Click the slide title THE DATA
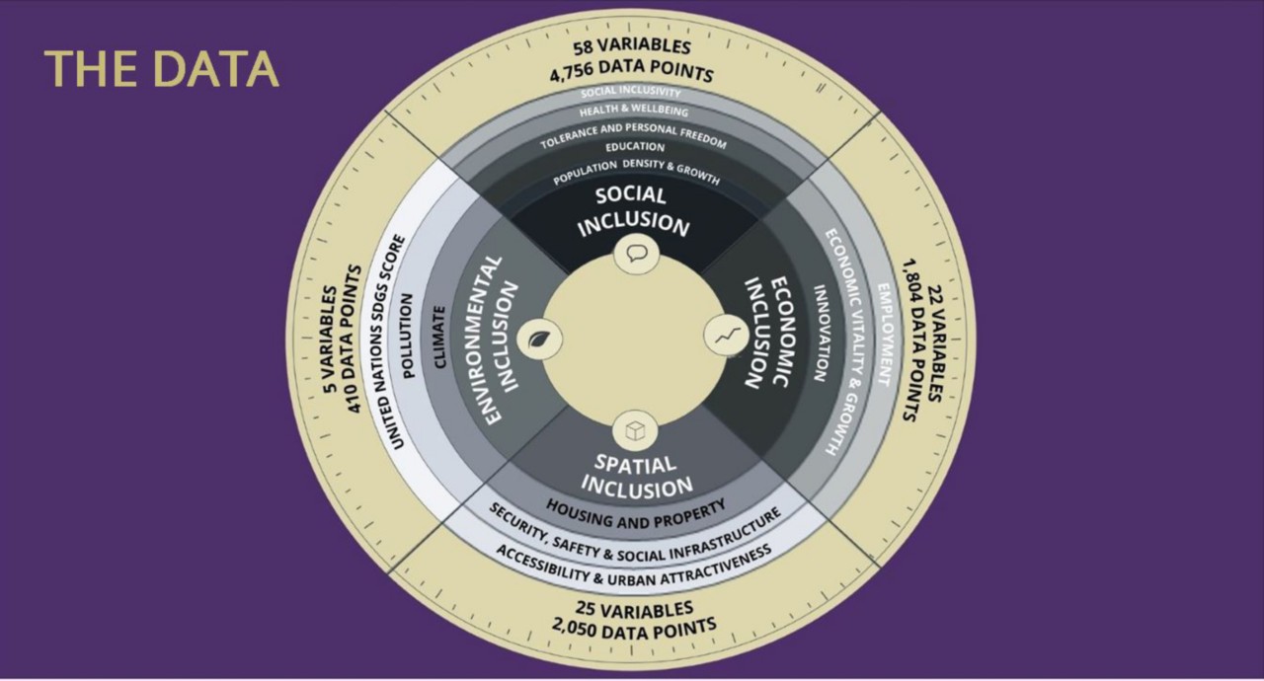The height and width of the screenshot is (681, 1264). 162,69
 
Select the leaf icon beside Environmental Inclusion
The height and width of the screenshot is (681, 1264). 540,340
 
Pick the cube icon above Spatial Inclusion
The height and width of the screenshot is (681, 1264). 633,431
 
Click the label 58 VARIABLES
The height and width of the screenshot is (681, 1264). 633,47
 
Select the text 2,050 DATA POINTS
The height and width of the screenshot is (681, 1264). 633,628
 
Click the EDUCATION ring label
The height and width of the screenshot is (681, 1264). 635,147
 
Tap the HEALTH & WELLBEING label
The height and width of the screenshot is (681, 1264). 633,112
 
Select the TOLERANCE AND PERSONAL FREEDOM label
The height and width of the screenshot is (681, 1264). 633,131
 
